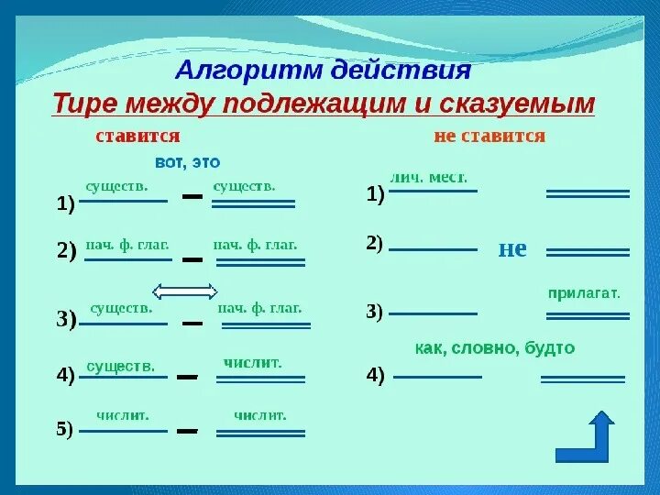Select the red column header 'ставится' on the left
[137, 137]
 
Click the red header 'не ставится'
[489, 137]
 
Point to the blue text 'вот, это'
[188, 162]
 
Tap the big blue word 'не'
[512, 248]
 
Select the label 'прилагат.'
[584, 293]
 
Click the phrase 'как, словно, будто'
[495, 348]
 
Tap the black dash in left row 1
[190, 197]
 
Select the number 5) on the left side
[64, 431]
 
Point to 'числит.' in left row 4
[252, 362]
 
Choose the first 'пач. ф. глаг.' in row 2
[128, 246]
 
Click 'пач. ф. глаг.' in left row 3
[259, 308]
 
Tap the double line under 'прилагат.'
[588, 316]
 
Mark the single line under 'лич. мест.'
[434, 192]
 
